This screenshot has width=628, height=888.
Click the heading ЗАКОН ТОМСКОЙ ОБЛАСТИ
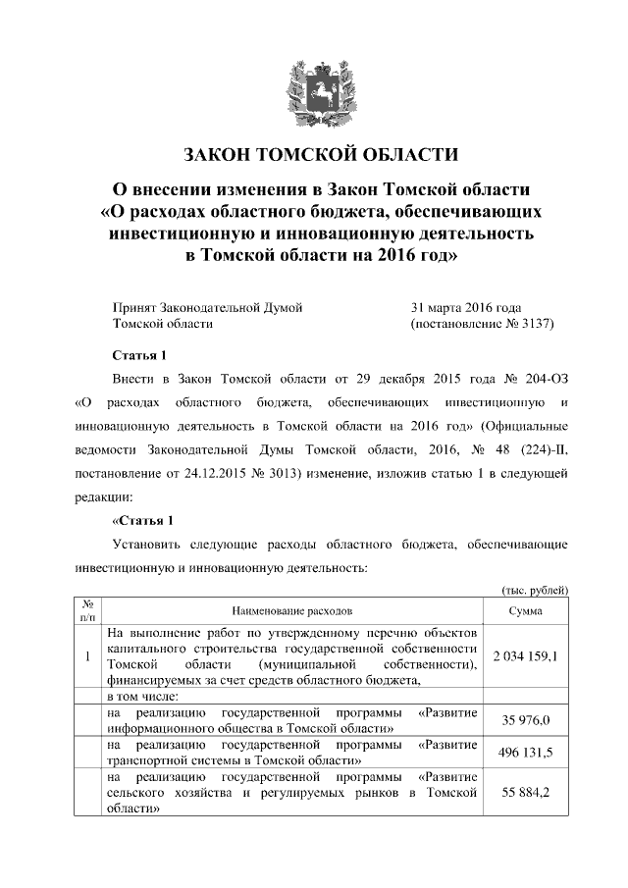[322, 155]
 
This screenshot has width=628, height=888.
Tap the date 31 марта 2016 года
[466, 307]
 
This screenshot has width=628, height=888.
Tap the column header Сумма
[527, 610]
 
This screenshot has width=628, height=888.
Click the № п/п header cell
[87, 610]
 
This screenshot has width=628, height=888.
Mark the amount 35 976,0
[527, 721]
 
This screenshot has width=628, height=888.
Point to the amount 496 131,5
[527, 752]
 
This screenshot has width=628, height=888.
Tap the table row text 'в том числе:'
[143, 696]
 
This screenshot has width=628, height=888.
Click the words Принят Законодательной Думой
[207, 307]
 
